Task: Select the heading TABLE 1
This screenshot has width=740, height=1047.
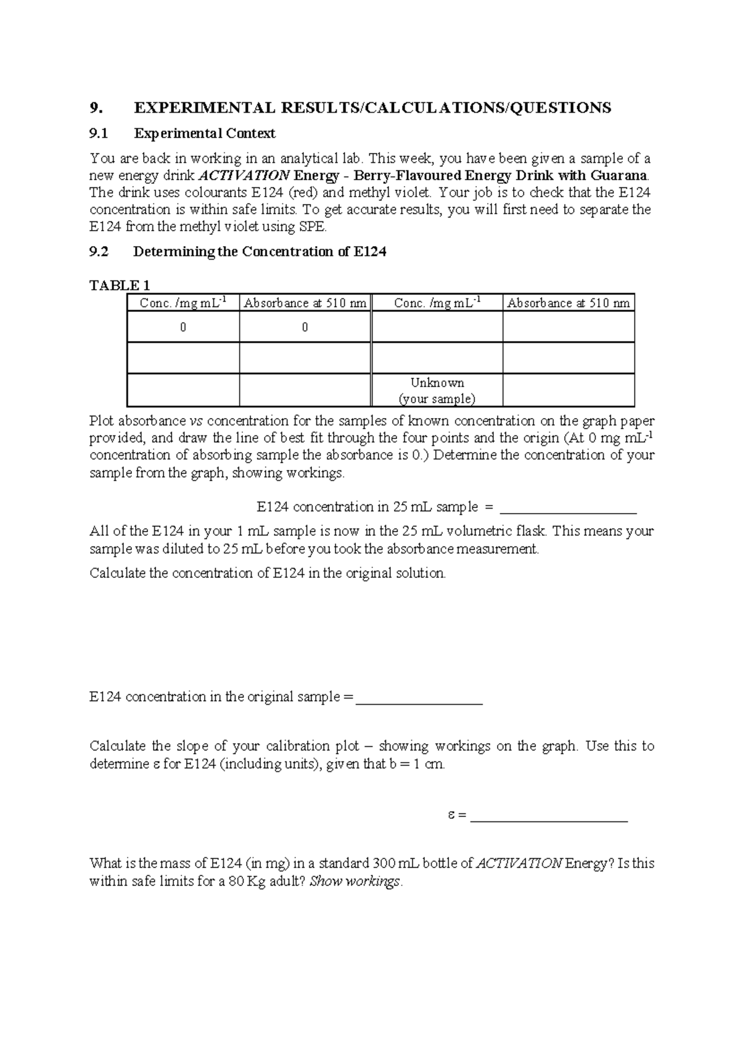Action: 120,285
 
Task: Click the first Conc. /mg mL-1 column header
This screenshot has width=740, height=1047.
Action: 183,303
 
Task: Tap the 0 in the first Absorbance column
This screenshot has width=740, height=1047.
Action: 305,327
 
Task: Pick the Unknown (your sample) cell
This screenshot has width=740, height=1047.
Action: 437,390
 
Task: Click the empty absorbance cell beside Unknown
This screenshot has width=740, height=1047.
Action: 568,390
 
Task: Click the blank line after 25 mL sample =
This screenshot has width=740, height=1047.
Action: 567,509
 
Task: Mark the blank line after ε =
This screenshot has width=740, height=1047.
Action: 549,818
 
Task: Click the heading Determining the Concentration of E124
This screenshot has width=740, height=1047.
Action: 260,252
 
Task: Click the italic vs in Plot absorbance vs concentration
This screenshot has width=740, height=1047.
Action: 195,421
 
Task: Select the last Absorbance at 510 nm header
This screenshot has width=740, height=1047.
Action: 568,303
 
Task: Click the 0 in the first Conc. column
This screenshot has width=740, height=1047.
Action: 183,327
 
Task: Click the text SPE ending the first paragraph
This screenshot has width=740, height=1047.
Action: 314,227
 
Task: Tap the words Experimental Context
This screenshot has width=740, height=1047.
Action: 205,133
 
